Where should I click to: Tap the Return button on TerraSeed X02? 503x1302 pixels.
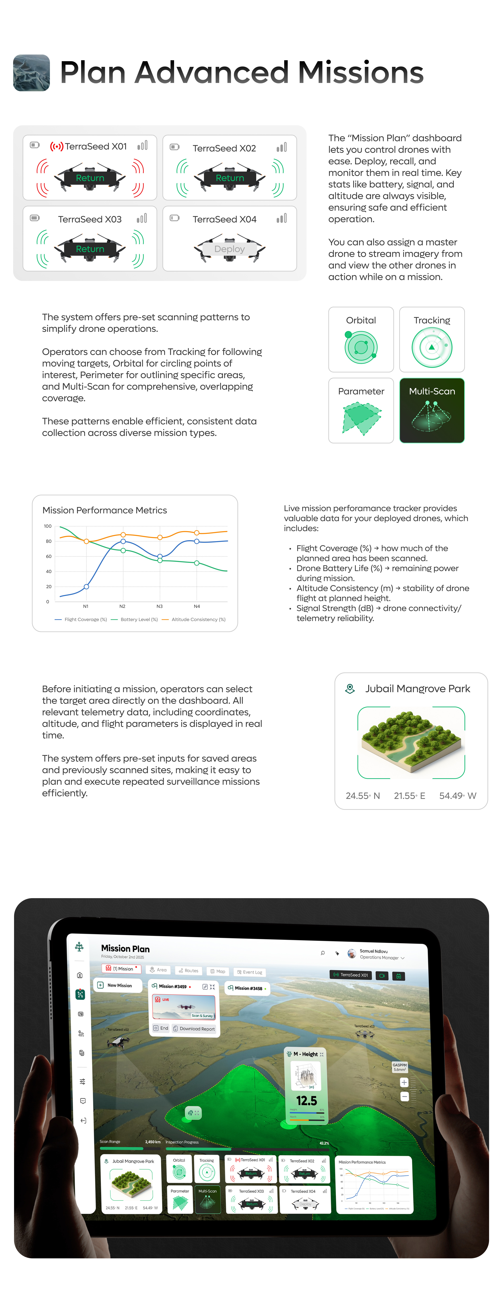point(230,178)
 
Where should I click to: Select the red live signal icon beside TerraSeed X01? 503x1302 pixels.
point(57,147)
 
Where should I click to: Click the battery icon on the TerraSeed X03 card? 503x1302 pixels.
point(35,218)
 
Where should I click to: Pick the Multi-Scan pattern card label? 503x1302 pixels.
point(432,391)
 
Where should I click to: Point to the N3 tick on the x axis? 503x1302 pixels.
point(160,606)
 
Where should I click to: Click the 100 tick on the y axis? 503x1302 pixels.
point(47,526)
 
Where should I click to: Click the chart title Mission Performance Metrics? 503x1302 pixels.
point(105,510)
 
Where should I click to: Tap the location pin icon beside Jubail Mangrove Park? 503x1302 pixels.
point(349,688)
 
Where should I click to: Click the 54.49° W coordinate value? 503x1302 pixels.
point(458,796)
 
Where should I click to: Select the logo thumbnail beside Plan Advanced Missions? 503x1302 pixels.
point(31,73)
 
